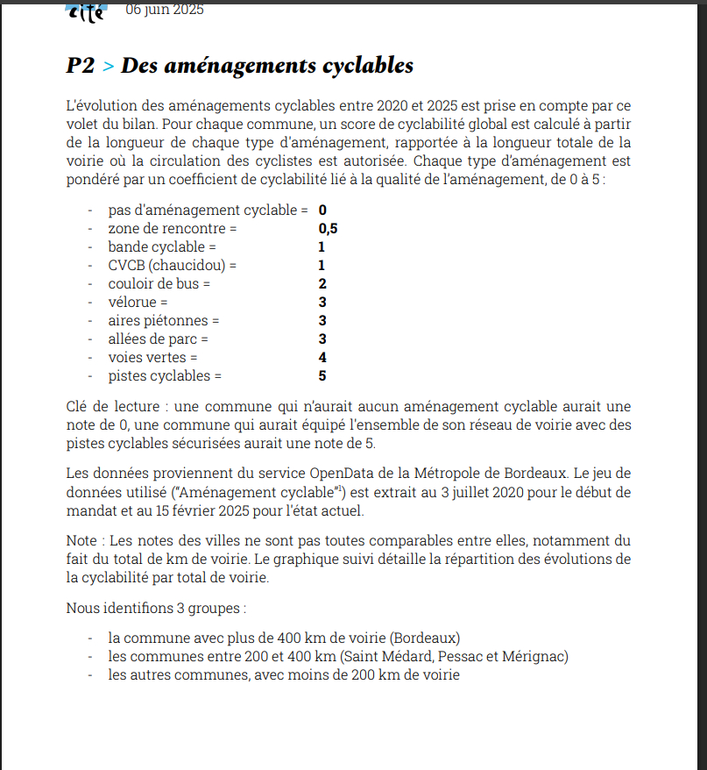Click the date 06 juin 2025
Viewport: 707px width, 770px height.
[x=165, y=11]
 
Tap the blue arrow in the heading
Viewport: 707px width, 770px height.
[x=108, y=67]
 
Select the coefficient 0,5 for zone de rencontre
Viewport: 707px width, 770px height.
[x=328, y=229]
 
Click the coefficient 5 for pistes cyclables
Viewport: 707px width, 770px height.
[x=322, y=376]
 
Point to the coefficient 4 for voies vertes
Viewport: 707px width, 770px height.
[x=322, y=358]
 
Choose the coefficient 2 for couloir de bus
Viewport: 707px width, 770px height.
[x=322, y=284]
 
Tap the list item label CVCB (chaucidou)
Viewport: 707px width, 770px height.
[x=172, y=266]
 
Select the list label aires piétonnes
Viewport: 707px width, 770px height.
[x=164, y=321]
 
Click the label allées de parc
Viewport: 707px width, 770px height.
[x=158, y=339]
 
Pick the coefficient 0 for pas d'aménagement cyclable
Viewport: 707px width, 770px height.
[x=322, y=210]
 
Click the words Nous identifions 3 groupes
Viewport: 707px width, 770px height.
[x=156, y=608]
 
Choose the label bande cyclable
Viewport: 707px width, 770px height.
[x=156, y=247]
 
